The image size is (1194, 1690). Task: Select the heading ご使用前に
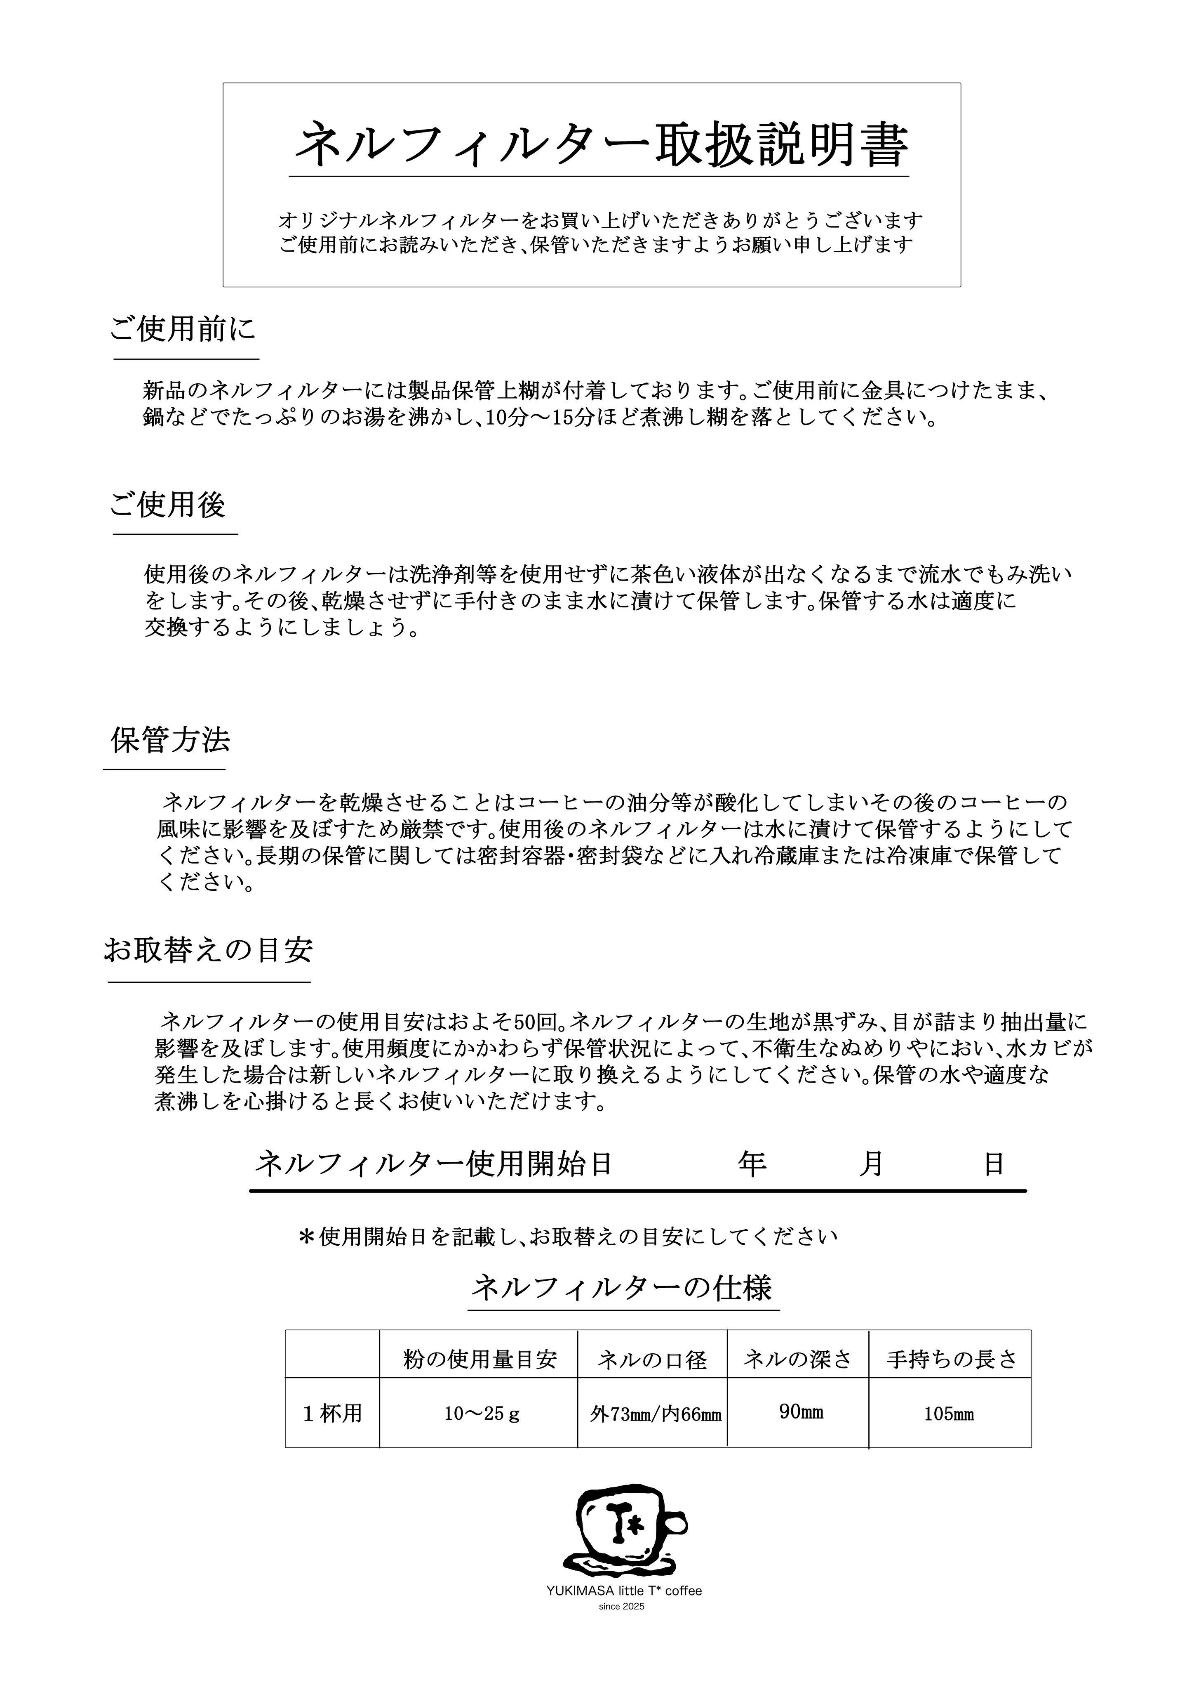[183, 329]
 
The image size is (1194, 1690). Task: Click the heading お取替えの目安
[208, 950]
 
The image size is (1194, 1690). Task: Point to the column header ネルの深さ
[797, 1359]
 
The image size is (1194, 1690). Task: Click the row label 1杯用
[333, 1414]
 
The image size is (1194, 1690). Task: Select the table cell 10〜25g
[481, 1414]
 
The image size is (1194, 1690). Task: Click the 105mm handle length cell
[949, 1414]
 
